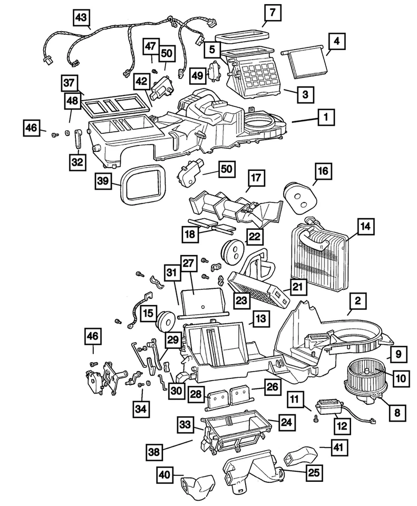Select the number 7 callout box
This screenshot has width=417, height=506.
[272, 12]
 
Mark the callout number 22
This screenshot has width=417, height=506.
[255, 237]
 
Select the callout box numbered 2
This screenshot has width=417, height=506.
[357, 301]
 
